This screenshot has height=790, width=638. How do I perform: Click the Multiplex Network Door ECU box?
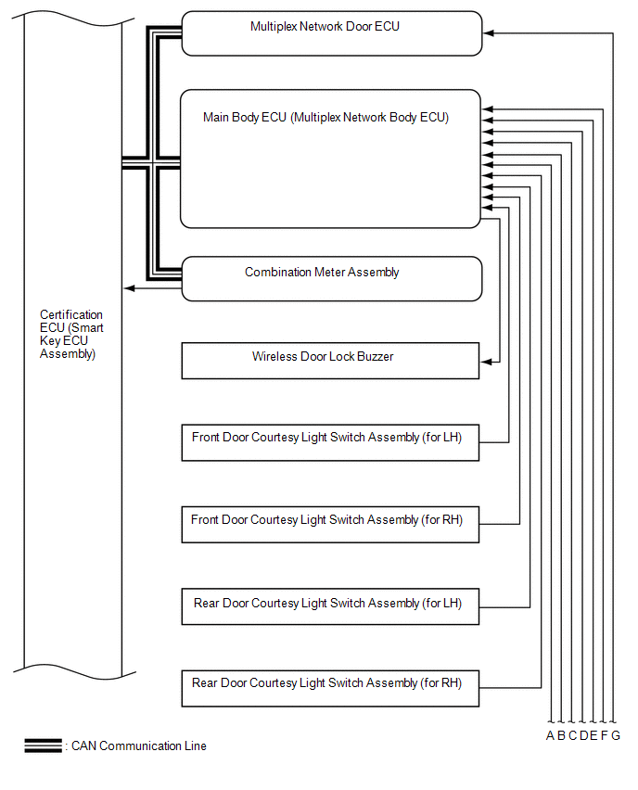[x=331, y=33]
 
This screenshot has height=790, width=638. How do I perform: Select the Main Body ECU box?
[x=330, y=159]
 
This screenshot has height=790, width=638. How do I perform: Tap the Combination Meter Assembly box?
[x=331, y=278]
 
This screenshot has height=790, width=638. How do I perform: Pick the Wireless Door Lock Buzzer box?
[x=330, y=361]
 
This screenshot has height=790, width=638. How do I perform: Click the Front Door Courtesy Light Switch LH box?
[x=330, y=442]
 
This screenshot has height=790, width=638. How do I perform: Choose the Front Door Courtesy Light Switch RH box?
[x=330, y=525]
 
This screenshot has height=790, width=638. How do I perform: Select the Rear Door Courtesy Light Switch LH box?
[x=330, y=608]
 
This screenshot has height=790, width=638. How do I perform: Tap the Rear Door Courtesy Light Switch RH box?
[x=330, y=688]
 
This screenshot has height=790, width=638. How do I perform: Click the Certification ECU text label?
[x=71, y=334]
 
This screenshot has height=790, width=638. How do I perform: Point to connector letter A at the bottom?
[x=550, y=736]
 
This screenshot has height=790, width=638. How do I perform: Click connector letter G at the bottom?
[x=616, y=736]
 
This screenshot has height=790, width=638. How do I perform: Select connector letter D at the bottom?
[x=583, y=736]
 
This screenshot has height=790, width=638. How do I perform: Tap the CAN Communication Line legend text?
[x=139, y=746]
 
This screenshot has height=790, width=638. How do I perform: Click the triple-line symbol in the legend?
[x=43, y=745]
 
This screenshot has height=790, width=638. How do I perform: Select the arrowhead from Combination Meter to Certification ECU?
[x=129, y=288]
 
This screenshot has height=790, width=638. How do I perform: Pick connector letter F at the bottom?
[x=605, y=736]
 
